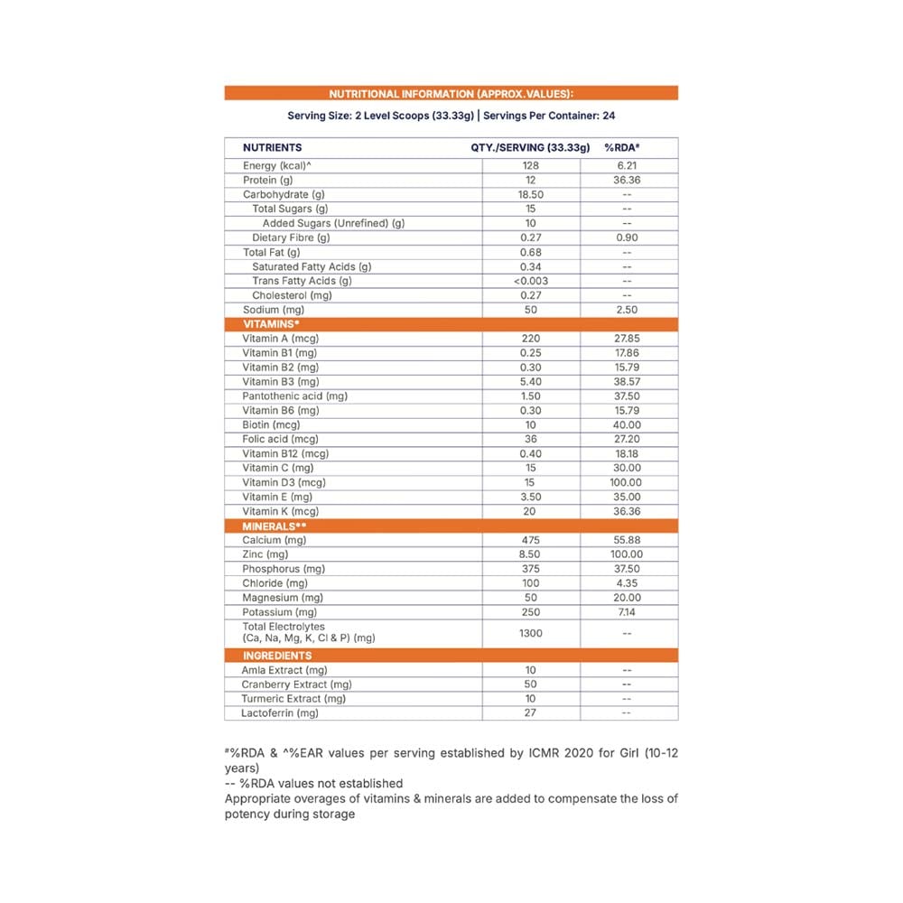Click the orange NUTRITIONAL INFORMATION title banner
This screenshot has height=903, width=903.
pyautogui.click(x=451, y=93)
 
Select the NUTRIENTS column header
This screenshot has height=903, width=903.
pyautogui.click(x=272, y=147)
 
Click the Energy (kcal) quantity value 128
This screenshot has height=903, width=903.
pyautogui.click(x=530, y=166)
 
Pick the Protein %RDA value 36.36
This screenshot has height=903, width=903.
pyautogui.click(x=627, y=181)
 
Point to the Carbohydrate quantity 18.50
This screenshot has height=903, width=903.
pyautogui.click(x=530, y=195)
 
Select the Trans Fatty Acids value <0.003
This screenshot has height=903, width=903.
pyautogui.click(x=530, y=281)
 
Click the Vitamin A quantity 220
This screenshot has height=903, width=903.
pyautogui.click(x=530, y=339)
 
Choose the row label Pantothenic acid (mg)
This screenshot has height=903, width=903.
pyautogui.click(x=294, y=396)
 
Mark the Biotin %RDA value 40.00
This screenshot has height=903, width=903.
pyautogui.click(x=627, y=424)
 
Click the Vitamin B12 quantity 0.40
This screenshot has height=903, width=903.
pyautogui.click(x=530, y=453)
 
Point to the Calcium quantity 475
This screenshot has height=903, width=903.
pyautogui.click(x=530, y=540)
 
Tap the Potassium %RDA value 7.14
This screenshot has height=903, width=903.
pyautogui.click(x=627, y=612)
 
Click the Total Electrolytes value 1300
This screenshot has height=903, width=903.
pyautogui.click(x=530, y=633)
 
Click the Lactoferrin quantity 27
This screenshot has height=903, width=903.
pyautogui.click(x=530, y=713)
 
